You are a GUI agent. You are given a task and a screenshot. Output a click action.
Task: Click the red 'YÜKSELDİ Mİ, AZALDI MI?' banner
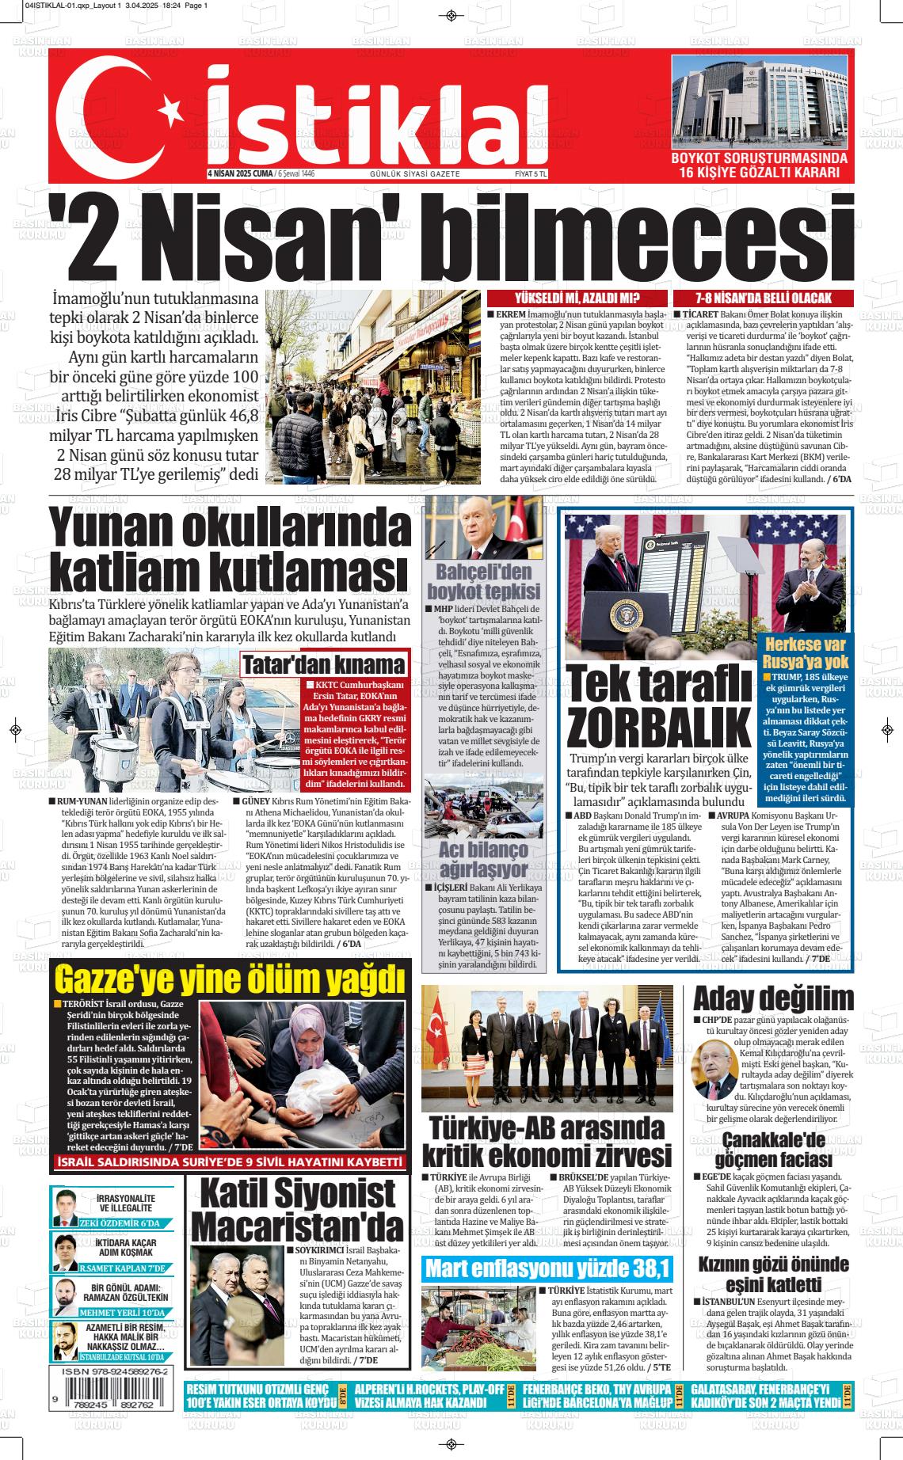(577, 298)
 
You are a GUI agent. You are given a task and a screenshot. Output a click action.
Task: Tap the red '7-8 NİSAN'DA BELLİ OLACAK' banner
(763, 298)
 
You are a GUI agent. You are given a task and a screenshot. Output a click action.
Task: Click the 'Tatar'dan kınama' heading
(322, 663)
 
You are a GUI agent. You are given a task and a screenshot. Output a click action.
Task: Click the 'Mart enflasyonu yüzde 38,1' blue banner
(547, 1268)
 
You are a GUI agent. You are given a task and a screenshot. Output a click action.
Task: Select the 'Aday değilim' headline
(773, 998)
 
